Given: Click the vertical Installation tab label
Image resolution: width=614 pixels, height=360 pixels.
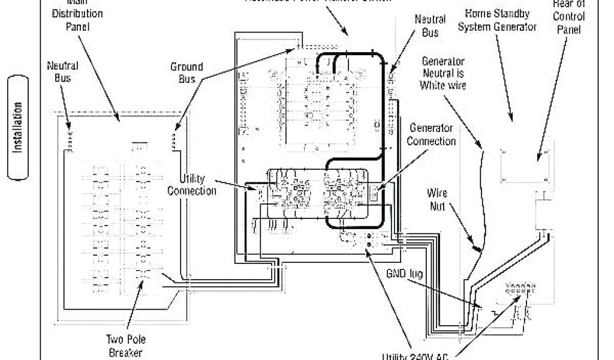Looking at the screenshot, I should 19,127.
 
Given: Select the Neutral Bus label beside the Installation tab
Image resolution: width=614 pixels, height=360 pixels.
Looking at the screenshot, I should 62,70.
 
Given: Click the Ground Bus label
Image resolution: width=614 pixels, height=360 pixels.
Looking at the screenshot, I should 186,73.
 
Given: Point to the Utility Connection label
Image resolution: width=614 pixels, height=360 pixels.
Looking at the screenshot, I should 192,185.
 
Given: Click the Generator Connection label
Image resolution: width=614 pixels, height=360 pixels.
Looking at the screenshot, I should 432,134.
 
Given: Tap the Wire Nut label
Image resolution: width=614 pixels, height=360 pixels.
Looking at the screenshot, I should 437,200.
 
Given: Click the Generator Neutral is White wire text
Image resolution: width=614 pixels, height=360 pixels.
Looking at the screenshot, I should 444,73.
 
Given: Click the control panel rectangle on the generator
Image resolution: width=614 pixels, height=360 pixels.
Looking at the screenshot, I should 525,161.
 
